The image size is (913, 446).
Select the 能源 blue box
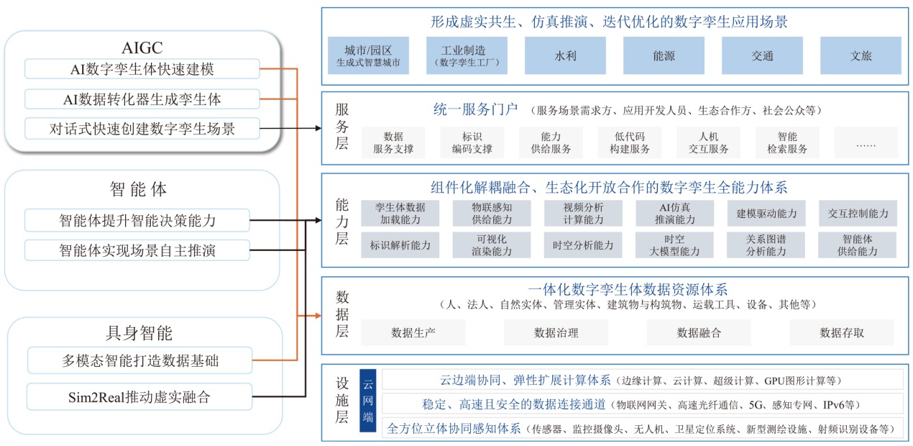click(x=664, y=55)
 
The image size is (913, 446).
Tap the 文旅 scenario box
click(x=861, y=55)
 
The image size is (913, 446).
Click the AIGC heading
click(x=142, y=47)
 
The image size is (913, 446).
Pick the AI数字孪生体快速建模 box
click(x=142, y=69)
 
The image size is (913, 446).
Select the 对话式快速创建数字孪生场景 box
click(x=142, y=129)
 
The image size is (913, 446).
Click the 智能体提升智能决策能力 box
click(x=137, y=219)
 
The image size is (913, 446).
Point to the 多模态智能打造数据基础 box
click(x=140, y=360)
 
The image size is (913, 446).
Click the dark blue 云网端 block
click(x=368, y=401)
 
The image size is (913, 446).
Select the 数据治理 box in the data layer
click(x=556, y=332)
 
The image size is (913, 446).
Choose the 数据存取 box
click(x=841, y=332)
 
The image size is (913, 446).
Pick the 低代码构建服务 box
click(x=629, y=142)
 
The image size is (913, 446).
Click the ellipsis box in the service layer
click(x=866, y=142)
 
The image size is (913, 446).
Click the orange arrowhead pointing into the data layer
click(x=316, y=315)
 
